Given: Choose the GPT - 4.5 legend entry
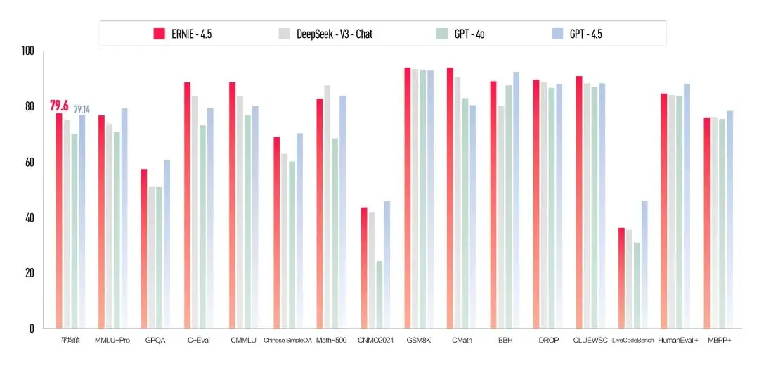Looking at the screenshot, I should coord(585,33).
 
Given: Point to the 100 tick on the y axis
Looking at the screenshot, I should coord(28,51).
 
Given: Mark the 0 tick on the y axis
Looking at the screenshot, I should coord(31,328).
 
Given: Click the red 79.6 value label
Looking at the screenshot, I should coord(59,106).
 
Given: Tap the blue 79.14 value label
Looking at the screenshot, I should coord(82,109).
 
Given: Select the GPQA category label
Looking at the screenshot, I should coord(155,340).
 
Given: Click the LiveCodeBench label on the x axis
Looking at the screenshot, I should coord(633,340).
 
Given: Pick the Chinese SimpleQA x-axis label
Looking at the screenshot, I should coord(285,340).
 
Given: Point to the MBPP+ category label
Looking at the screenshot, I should coord(720,340).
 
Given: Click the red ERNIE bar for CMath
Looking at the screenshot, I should coord(450,198).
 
